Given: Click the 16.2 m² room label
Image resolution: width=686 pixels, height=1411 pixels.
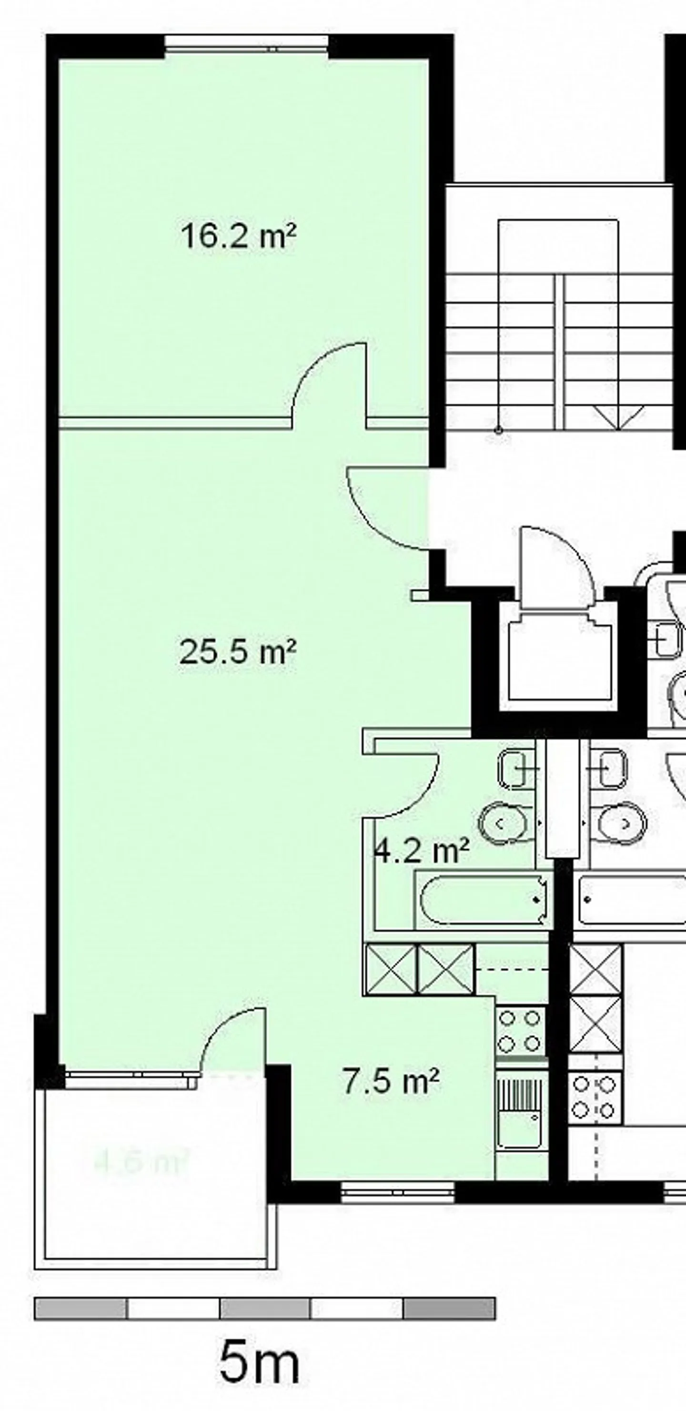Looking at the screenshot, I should [x=238, y=237].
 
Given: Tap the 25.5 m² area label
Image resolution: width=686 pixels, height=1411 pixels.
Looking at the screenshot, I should [x=238, y=652].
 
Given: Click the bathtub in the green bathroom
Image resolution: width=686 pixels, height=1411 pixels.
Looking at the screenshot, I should [x=482, y=901].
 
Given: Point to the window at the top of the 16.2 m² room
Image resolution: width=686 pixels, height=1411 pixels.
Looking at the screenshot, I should [x=246, y=44].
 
